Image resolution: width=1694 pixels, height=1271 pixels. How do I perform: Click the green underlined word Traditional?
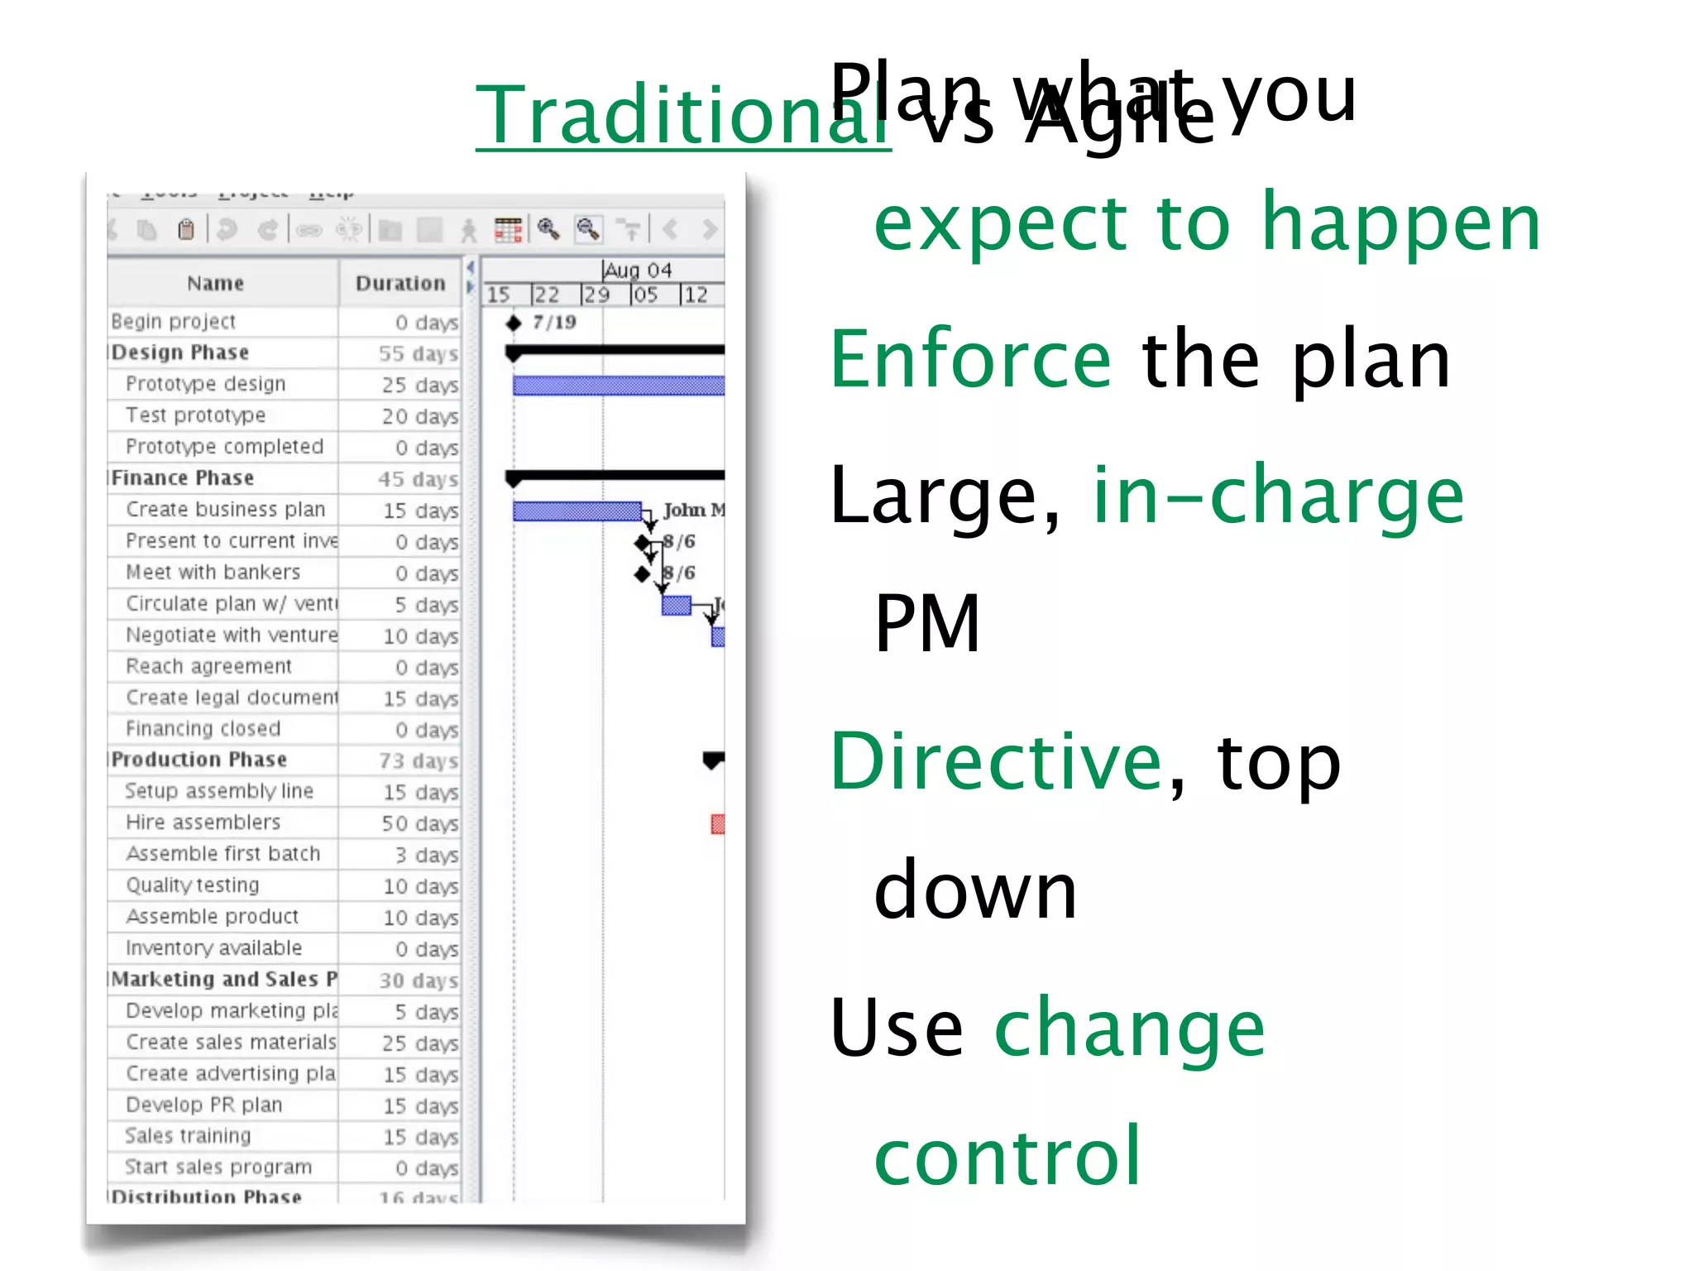[x=682, y=116]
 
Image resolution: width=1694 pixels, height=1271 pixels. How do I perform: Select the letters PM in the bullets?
[x=927, y=624]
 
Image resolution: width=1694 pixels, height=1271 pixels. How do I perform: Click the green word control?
[x=1007, y=1157]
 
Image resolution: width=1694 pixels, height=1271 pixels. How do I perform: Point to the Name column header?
[x=215, y=284]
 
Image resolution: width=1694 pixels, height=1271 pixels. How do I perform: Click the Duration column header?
[x=400, y=284]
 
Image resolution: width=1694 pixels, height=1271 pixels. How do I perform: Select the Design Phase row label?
[x=180, y=353]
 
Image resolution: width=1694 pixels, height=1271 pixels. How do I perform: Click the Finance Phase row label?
[x=183, y=478]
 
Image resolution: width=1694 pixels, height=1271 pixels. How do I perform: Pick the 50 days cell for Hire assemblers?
[x=419, y=823]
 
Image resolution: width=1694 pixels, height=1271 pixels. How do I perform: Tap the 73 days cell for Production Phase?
[x=418, y=760]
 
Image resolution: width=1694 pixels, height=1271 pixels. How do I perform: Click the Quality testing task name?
[x=193, y=885]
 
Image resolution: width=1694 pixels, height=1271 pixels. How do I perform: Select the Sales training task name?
[x=188, y=1136]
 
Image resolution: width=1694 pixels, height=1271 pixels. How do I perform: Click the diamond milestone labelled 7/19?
[x=514, y=323]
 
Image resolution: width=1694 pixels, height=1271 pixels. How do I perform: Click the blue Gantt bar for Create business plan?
[x=577, y=511]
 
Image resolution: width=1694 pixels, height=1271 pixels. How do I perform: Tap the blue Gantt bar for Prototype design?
[x=618, y=386]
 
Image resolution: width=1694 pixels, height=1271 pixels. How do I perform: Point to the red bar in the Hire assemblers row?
[x=718, y=824]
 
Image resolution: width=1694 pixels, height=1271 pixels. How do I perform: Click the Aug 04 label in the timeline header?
[x=638, y=271]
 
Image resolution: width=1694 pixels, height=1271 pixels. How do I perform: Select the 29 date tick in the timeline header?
[x=596, y=295]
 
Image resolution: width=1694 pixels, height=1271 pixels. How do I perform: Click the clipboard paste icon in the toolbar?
[x=186, y=229]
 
